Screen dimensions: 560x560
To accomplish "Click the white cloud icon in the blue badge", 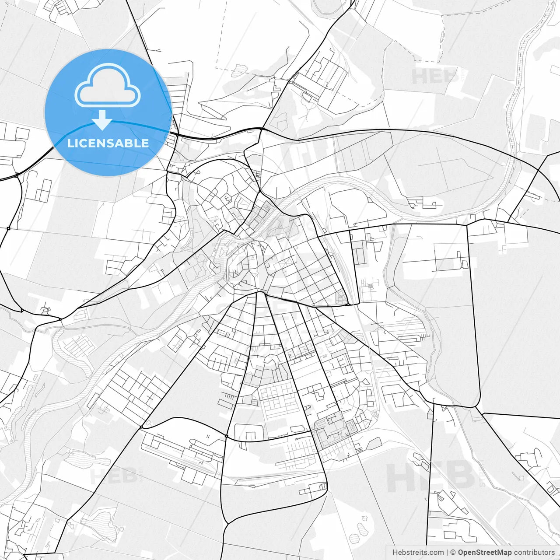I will pyautogui.click(x=108, y=85).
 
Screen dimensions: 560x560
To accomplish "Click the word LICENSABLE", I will pyautogui.click(x=108, y=143).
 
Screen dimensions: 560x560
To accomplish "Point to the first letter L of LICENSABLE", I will pyautogui.click(x=70, y=143).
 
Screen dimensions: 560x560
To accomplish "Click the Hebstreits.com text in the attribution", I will pyautogui.click(x=418, y=553).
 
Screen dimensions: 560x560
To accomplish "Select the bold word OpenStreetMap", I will pyautogui.click(x=484, y=553).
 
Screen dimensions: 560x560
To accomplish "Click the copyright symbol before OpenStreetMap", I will pyautogui.click(x=453, y=553).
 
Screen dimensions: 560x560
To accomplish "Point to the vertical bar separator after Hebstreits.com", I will pyautogui.click(x=447, y=553).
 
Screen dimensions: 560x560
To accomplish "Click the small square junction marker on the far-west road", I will pyautogui.click(x=8, y=228).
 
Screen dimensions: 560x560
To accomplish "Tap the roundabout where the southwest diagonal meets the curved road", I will pyautogui.click(x=141, y=427).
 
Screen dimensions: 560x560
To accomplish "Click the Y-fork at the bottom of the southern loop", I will pyautogui.click(x=227, y=523).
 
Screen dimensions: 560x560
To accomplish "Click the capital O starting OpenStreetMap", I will pyautogui.click(x=461, y=553).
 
